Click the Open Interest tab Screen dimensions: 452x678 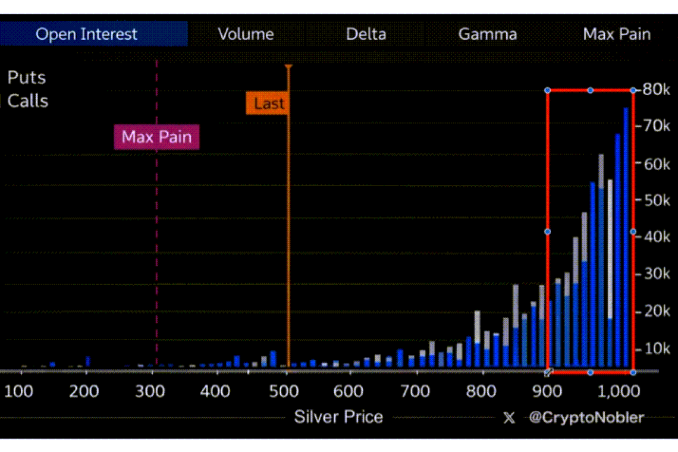tap(87, 34)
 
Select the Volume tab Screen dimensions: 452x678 tap(246, 34)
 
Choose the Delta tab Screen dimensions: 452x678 tap(366, 34)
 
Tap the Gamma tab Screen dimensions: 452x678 tap(487, 34)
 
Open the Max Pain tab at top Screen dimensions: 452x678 tap(617, 34)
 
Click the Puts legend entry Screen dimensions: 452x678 tap(26, 77)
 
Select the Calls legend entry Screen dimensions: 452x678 tap(27, 101)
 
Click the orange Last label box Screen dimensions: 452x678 tap(269, 103)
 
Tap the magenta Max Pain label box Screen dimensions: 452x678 tap(157, 137)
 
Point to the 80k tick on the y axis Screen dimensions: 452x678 tap(656, 90)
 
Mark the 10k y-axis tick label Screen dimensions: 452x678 tap(656, 349)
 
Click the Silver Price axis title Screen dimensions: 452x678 tap(338, 417)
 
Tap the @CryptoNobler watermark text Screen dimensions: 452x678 tap(586, 418)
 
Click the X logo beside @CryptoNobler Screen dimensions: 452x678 tap(509, 418)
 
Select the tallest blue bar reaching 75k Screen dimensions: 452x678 tap(626, 238)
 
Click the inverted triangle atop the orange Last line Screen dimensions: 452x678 tap(288, 67)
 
